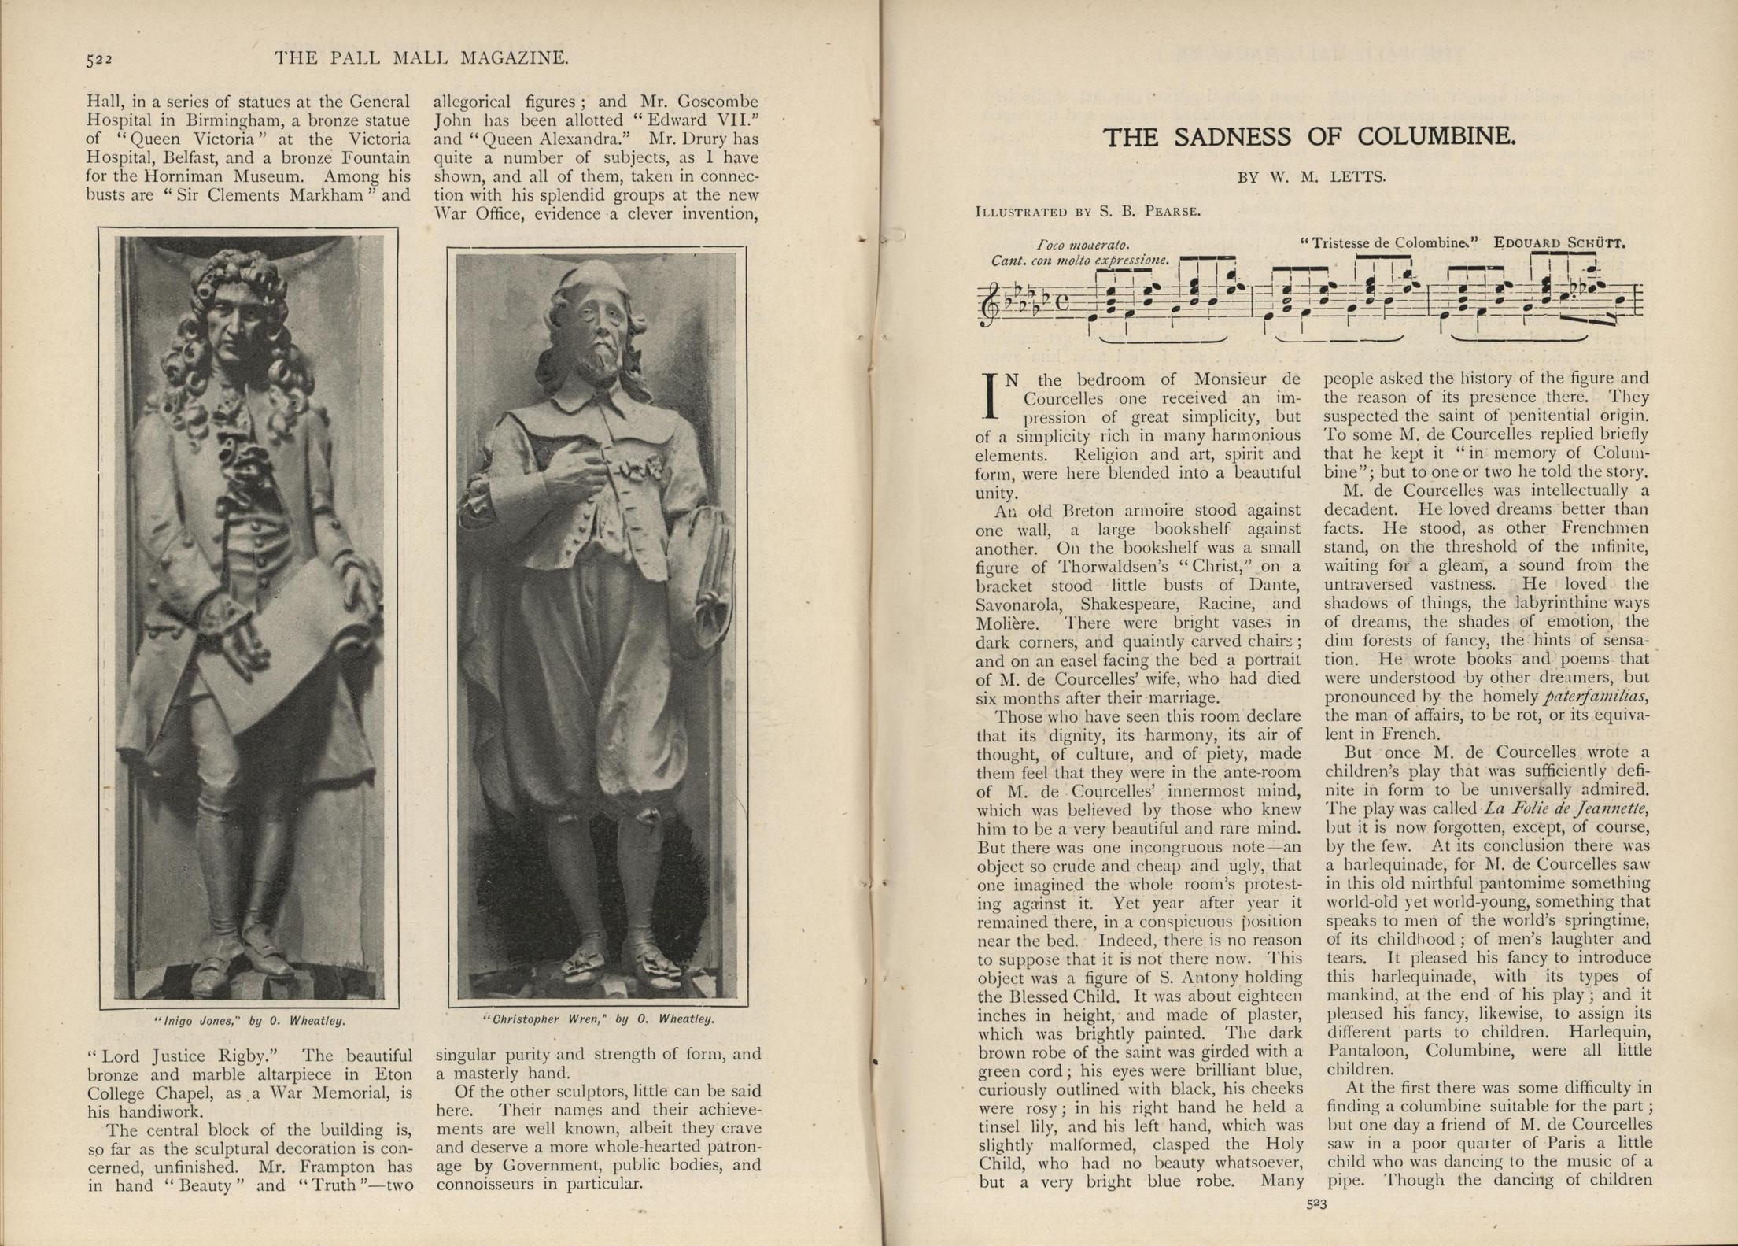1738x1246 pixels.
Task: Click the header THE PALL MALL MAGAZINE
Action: [421, 58]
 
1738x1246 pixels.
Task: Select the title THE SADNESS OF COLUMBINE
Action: [1308, 138]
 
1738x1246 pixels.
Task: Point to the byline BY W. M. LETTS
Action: [1312, 177]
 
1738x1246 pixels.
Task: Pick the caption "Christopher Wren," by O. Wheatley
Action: [599, 1019]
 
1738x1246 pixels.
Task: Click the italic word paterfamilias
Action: [1596, 697]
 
